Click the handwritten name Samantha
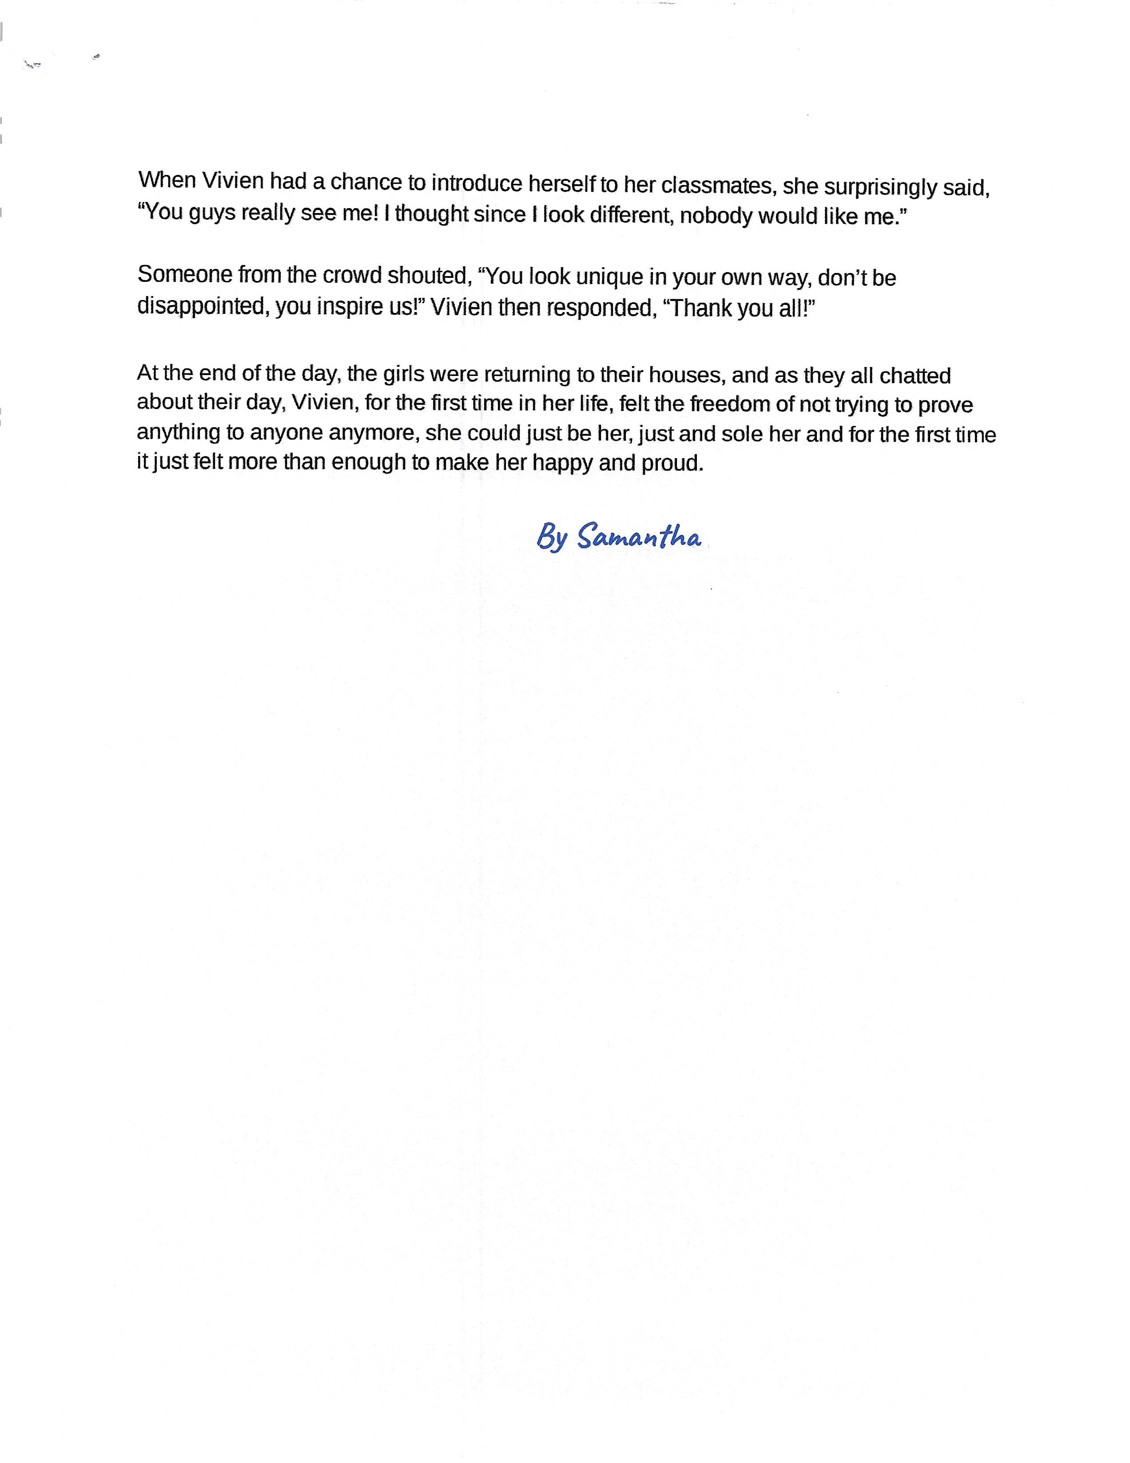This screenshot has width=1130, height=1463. pyautogui.click(x=639, y=537)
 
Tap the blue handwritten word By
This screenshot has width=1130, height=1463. pyautogui.click(x=552, y=538)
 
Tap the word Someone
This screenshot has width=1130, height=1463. pyautogui.click(x=184, y=274)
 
